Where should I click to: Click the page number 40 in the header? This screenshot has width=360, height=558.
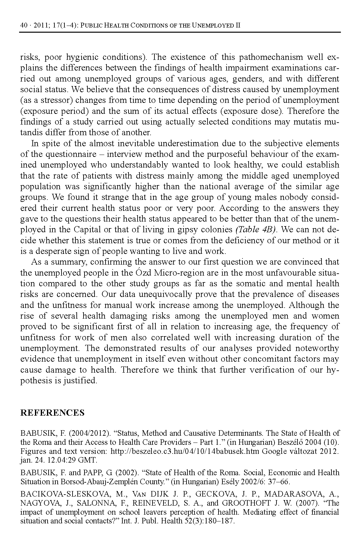pos(23,26)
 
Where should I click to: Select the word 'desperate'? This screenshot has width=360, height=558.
pos(52,251)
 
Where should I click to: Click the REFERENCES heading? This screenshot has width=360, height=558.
pos(52,413)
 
